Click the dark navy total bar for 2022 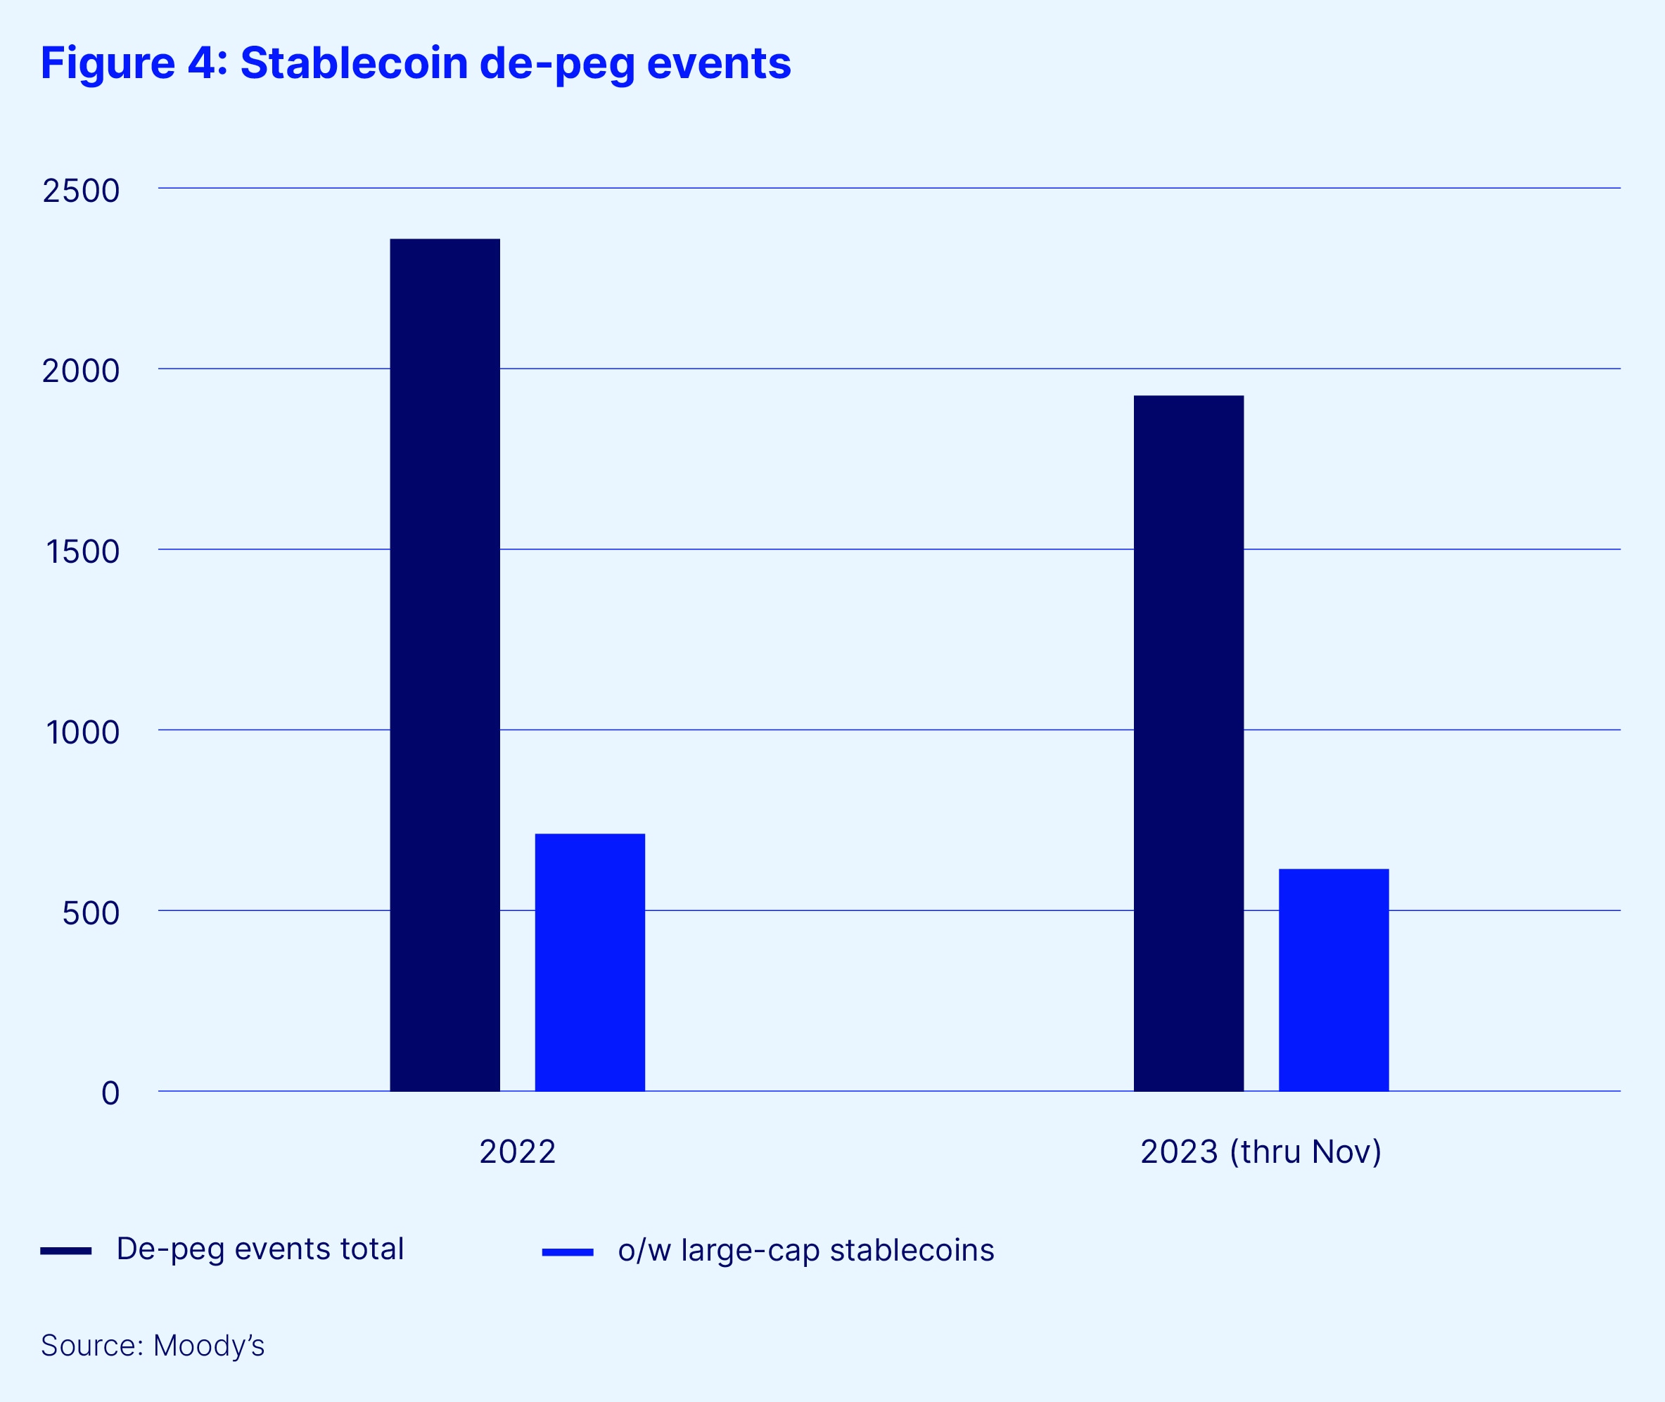(445, 665)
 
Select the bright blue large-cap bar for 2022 (589, 962)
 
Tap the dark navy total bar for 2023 (1188, 742)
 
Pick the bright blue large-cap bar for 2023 (1334, 979)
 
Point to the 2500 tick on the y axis (81, 191)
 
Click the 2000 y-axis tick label (81, 371)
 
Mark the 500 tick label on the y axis (91, 912)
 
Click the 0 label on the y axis (110, 1093)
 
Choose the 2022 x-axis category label (518, 1152)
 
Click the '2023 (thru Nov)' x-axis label (1261, 1152)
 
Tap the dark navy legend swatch (66, 1251)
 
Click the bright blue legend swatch (568, 1253)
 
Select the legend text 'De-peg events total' (260, 1249)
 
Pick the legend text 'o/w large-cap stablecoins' (806, 1251)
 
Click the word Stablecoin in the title (354, 63)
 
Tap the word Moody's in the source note (209, 1346)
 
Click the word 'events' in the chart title (718, 63)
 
